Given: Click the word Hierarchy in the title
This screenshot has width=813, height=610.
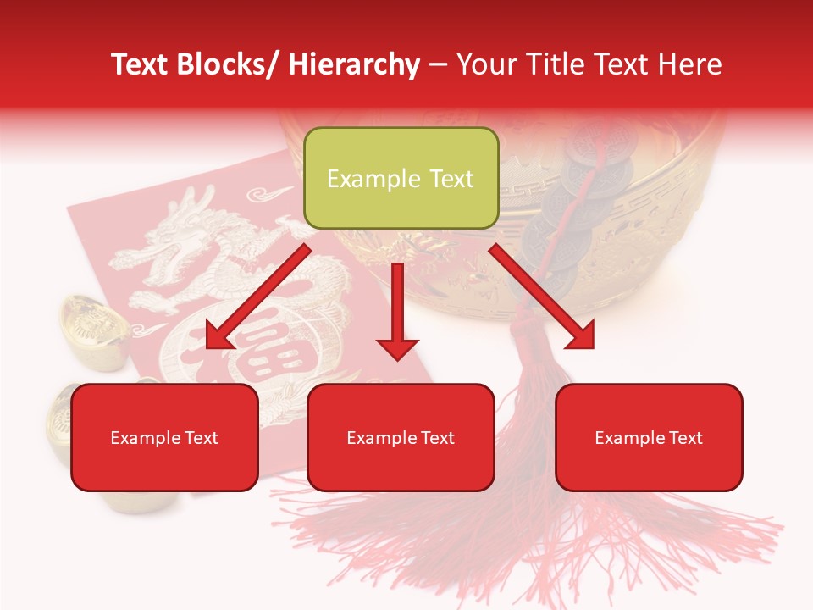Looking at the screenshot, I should pos(354,64).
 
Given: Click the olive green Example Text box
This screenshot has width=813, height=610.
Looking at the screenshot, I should pos(401,178).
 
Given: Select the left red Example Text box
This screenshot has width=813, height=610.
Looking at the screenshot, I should pos(164,437).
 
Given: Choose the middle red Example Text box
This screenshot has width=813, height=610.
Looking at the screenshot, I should pos(401,437).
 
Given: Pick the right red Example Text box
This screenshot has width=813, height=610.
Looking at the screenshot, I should pos(649,437).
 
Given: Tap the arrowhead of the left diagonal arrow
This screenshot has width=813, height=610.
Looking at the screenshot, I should pos(218,335).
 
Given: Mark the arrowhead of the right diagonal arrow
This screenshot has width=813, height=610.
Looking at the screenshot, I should pos(579,335).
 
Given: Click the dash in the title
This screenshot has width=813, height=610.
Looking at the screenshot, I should pos(438,64).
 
